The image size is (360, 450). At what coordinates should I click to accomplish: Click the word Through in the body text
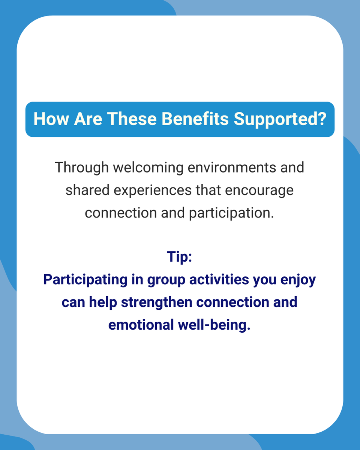81,167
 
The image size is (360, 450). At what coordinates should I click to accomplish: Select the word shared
87,190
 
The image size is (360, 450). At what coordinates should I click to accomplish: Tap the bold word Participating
79,280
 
